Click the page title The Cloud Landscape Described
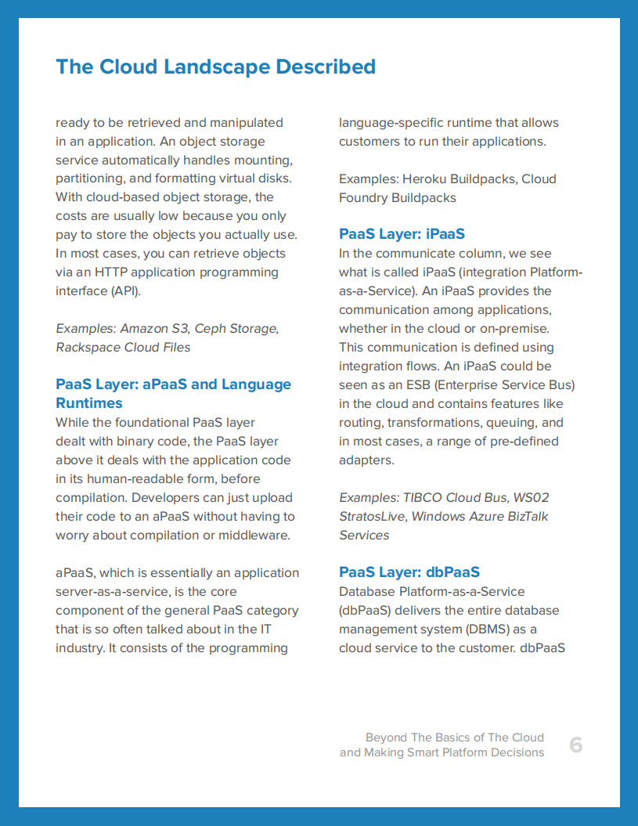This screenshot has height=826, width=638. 215,67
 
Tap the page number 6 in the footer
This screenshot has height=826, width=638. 575,745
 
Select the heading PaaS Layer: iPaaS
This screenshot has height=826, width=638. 402,234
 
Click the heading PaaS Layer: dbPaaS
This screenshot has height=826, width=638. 409,572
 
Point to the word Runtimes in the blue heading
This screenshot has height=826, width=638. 89,403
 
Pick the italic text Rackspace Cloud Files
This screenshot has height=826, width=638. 123,347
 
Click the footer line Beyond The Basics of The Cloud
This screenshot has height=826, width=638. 454,738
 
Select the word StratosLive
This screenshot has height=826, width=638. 372,516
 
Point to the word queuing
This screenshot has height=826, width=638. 511,422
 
